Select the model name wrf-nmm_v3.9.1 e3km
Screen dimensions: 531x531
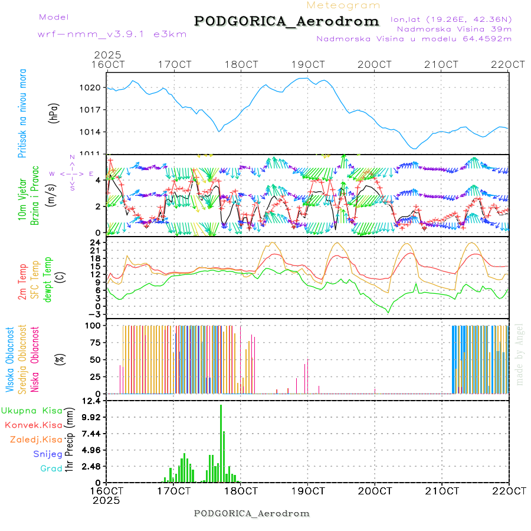112,34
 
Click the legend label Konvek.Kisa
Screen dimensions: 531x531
33,425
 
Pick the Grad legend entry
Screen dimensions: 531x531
51,468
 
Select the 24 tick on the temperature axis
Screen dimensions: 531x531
94,242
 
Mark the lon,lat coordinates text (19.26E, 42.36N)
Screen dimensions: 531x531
451,19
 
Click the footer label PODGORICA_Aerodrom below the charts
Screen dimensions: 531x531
251,513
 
